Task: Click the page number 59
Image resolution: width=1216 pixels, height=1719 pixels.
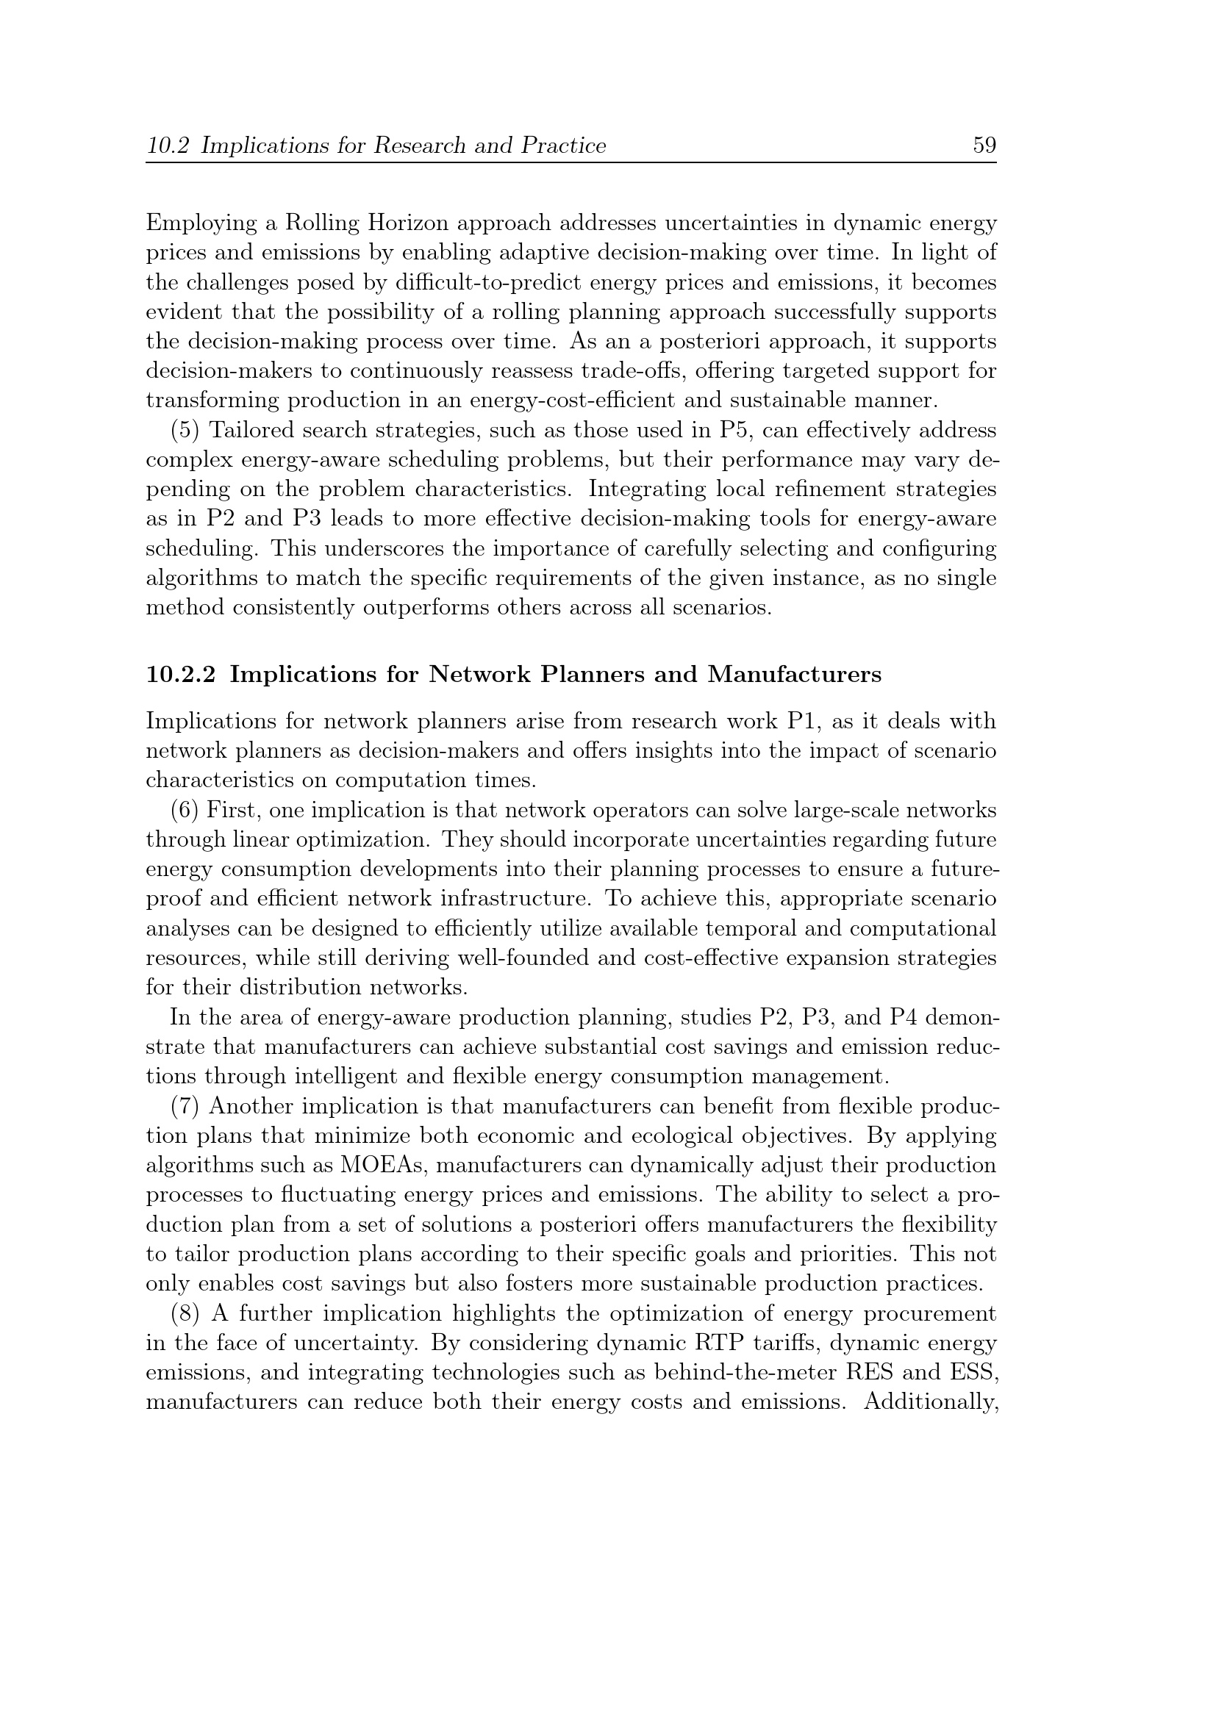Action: [x=984, y=146]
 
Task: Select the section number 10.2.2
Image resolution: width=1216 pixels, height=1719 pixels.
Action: [x=180, y=675]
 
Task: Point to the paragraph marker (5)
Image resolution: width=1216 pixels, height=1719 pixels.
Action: [x=186, y=431]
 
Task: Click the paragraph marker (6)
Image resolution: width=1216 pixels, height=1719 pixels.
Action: [x=185, y=810]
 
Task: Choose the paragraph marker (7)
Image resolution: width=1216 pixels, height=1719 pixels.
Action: [x=186, y=1106]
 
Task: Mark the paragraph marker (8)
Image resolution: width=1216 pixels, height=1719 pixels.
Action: [x=186, y=1314]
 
